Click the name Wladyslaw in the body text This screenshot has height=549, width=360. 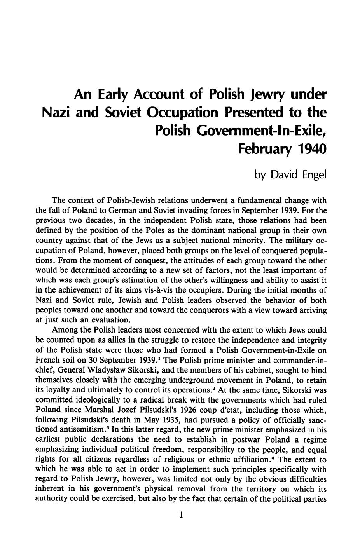[x=108, y=370]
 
